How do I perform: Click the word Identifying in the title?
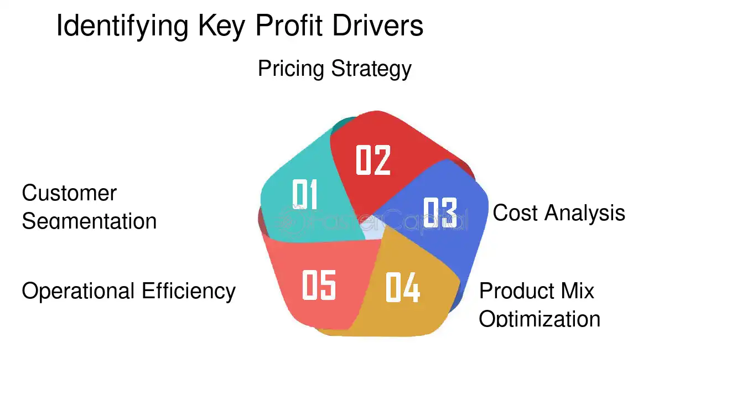click(x=122, y=27)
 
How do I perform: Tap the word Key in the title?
click(x=222, y=27)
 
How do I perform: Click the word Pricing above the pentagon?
click(x=291, y=69)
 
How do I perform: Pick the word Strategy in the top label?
click(x=371, y=69)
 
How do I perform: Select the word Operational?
click(x=78, y=291)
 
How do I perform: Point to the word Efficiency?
click(x=189, y=291)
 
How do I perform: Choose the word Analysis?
click(x=585, y=212)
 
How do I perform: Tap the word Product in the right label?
click(x=516, y=291)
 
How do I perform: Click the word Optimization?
click(x=539, y=319)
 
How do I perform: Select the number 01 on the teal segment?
click(x=304, y=194)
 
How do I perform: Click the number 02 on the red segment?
click(x=373, y=160)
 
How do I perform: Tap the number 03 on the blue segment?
click(x=440, y=212)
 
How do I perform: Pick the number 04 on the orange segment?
click(x=402, y=287)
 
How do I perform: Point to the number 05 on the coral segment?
click(x=319, y=285)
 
